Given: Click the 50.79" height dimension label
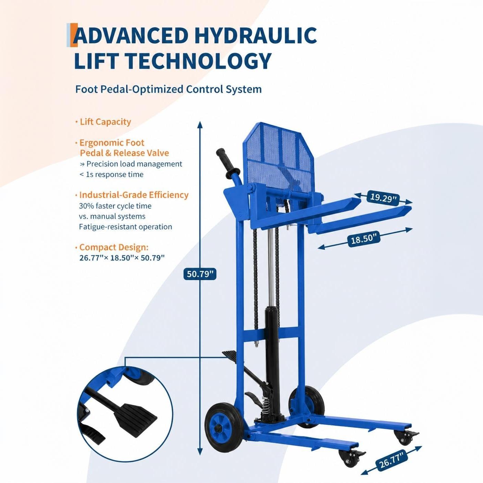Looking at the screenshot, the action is click(200, 274).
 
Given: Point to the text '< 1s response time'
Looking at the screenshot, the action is click(112, 174).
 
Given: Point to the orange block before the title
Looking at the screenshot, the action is click(74, 35).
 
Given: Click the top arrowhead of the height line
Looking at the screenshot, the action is click(200, 125).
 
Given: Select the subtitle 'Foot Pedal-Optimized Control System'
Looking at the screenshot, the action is click(168, 89).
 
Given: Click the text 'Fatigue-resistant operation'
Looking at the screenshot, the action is click(126, 227).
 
